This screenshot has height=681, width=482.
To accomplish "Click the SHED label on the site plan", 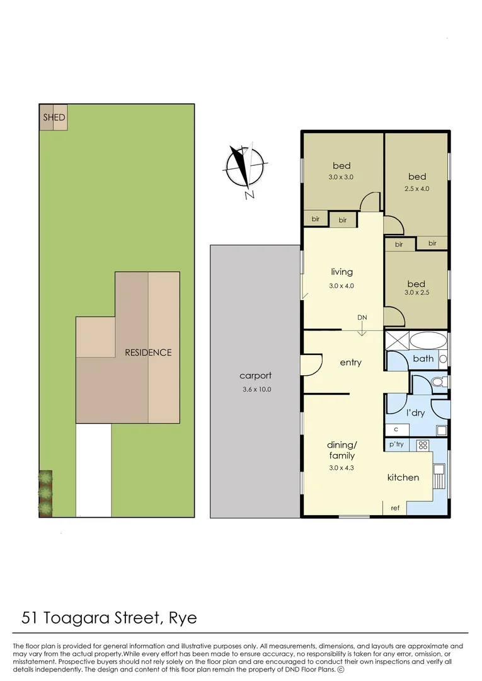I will click(x=54, y=117).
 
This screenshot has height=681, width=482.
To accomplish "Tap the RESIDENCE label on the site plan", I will click(x=148, y=352).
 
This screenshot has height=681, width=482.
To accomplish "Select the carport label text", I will click(x=255, y=376).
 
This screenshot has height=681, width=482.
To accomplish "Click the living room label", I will click(x=341, y=272).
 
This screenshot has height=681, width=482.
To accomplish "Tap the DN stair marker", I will click(x=362, y=317).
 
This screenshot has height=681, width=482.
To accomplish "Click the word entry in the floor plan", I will click(x=350, y=362).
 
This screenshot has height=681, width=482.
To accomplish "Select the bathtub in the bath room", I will click(x=427, y=342).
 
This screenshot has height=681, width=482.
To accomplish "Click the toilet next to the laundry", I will click(x=439, y=382).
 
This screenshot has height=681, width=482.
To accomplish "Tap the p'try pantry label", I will click(x=396, y=445).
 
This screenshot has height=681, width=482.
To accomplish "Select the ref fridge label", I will click(x=395, y=508).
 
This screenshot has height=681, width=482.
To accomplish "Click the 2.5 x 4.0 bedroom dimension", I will click(x=416, y=189).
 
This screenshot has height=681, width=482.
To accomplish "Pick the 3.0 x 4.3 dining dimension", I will click(x=341, y=468).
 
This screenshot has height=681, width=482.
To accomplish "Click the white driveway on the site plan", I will click(x=93, y=470).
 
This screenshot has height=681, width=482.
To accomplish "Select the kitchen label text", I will click(x=403, y=477).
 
